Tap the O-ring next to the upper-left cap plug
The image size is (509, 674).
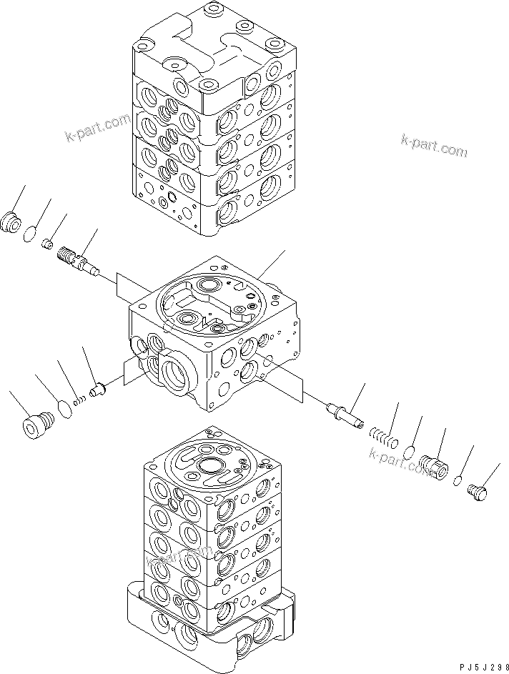click(31, 234)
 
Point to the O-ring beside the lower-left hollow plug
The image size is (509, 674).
click(64, 407)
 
